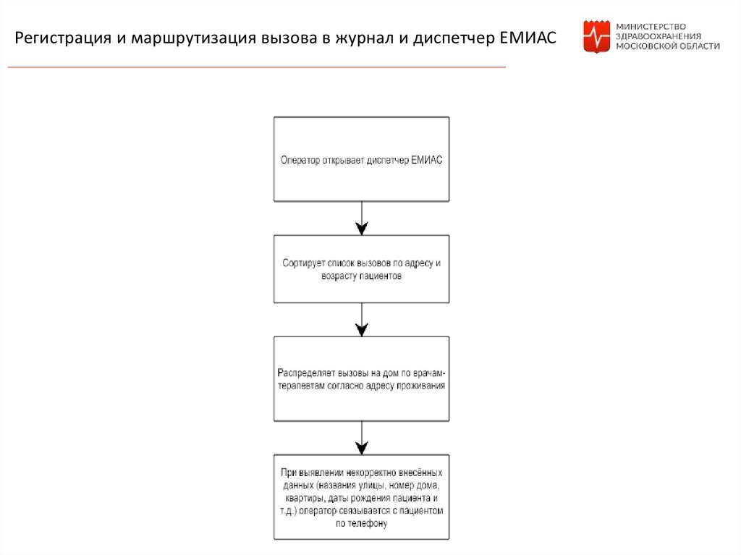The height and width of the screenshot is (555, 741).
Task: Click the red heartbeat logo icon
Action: (x=596, y=37)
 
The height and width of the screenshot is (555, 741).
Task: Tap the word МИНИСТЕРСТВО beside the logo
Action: (x=650, y=25)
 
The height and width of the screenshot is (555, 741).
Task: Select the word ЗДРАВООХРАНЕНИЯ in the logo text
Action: (x=658, y=35)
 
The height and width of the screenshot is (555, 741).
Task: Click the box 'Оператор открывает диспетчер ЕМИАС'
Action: (x=361, y=159)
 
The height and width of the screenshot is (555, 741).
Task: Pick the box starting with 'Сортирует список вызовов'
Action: (x=361, y=268)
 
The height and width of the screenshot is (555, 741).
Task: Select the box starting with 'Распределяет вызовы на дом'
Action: (x=361, y=378)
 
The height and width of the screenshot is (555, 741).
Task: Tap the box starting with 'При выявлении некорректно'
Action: (x=361, y=497)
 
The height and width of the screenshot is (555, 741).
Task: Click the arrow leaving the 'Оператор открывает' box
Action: (x=361, y=218)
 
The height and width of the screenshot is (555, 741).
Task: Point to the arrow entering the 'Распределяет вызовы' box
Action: (x=361, y=319)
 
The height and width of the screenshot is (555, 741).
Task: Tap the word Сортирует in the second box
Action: (x=304, y=263)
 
